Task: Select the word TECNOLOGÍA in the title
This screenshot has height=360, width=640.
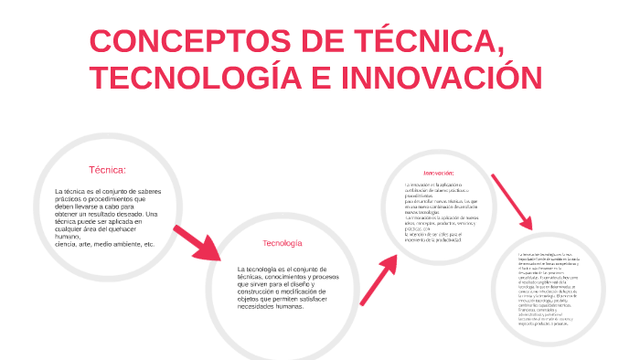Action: [x=188, y=78]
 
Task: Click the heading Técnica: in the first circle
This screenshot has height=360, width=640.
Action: [x=107, y=169]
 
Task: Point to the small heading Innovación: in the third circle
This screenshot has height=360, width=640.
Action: [x=439, y=173]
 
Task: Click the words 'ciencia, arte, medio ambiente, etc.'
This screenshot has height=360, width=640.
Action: [x=105, y=244]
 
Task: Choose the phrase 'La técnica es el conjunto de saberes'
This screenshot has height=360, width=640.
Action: [x=107, y=190]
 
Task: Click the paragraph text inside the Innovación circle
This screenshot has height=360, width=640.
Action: [x=441, y=212]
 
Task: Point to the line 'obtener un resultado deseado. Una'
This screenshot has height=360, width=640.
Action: [x=106, y=213]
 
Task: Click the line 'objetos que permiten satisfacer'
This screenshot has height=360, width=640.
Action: [x=282, y=299]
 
